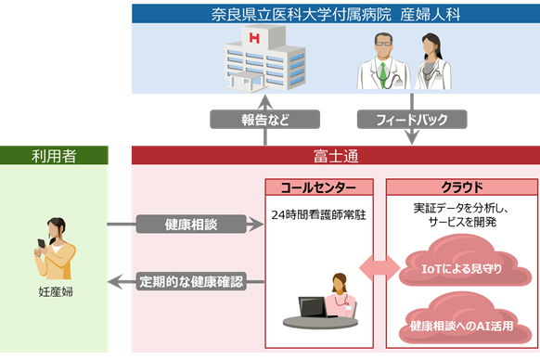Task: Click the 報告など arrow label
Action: pyautogui.click(x=265, y=119)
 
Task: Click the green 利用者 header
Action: pyautogui.click(x=54, y=155)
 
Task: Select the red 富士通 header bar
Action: pyautogui.click(x=335, y=155)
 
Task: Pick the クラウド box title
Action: pyautogui.click(x=461, y=186)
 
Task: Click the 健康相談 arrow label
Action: pyautogui.click(x=192, y=224)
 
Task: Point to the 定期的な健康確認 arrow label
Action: pyautogui.click(x=192, y=280)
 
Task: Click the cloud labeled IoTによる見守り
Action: pyautogui.click(x=461, y=269)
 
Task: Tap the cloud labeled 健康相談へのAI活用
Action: pyautogui.click(x=461, y=325)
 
